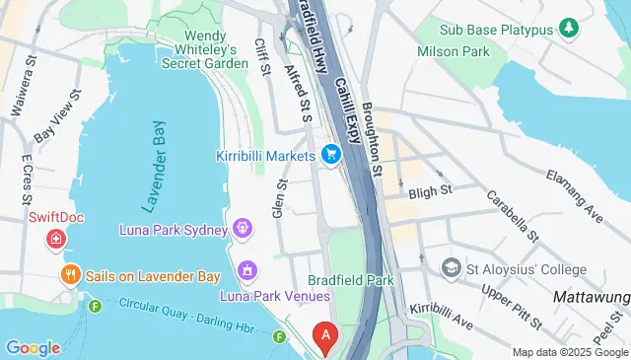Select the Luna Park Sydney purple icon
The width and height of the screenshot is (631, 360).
tap(243, 229)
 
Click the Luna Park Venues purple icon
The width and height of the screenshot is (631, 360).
tap(247, 269)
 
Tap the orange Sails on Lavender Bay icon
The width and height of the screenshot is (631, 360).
tap(70, 276)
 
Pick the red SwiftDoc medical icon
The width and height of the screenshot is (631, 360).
tap(57, 239)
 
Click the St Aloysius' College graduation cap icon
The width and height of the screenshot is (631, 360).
tap(451, 267)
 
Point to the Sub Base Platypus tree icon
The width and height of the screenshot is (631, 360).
tap(569, 28)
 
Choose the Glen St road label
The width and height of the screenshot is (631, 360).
tap(279, 197)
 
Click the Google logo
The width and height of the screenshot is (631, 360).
tap(33, 347)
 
